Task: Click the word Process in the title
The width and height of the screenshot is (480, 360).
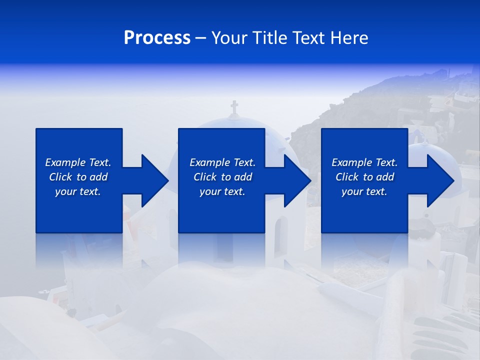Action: pos(157,38)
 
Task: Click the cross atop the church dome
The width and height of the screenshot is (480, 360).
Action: pos(234,107)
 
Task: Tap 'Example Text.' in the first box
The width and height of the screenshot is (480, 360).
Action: pos(78,162)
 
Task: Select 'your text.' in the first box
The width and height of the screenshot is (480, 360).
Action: pos(78,191)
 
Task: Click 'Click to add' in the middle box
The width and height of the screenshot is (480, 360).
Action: pos(222,177)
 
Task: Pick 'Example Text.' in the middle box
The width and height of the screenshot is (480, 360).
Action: pos(222,162)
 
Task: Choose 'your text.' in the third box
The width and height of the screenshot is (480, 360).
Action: pos(364,191)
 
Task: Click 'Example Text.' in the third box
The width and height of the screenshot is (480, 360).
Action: pos(364,162)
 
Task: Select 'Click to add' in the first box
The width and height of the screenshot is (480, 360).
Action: pos(78,177)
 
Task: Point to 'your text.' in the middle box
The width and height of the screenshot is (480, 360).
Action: pos(222,191)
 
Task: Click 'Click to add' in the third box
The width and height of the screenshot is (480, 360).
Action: pos(364,177)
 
